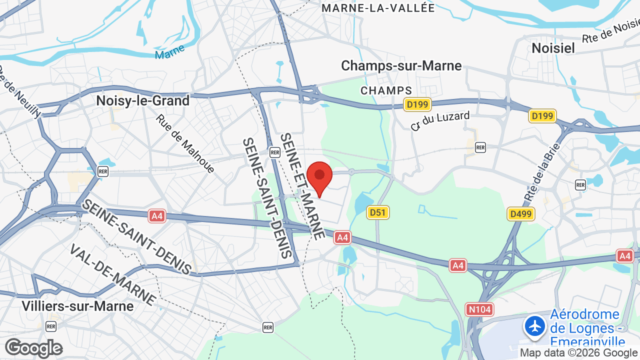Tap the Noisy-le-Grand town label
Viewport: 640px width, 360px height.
coord(143,100)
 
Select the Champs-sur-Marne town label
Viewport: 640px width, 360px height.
coord(401,65)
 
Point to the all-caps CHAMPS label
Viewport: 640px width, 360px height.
coord(386,90)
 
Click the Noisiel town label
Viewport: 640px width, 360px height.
coord(553,48)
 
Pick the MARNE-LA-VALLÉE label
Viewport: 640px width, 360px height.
coord(378,8)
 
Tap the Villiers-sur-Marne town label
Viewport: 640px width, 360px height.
coord(77,306)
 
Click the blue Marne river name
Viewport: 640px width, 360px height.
coord(169,51)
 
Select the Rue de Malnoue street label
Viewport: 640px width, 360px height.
coord(185,144)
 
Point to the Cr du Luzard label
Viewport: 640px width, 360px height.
coord(440,120)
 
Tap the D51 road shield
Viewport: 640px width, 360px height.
coord(377,212)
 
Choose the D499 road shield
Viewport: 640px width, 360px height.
coord(521,214)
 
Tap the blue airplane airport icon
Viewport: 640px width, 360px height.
coord(535,326)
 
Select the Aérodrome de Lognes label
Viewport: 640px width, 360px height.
coord(585,328)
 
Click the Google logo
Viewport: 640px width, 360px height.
coord(33,348)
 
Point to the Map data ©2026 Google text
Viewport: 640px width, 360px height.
coord(579,353)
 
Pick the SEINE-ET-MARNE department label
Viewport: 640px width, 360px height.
coord(302,185)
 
